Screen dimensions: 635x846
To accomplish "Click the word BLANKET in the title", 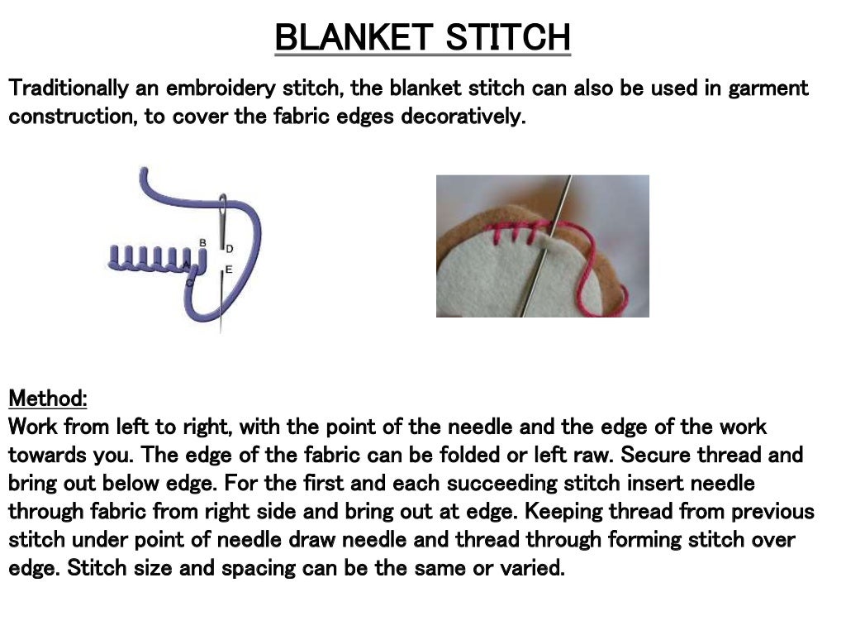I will point(352,37).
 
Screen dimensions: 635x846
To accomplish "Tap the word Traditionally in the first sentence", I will point(68,88).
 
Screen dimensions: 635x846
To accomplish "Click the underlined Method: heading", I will point(48,399).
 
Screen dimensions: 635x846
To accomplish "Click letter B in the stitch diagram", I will point(202,242).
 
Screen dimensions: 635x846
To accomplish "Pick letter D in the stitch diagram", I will point(230,248).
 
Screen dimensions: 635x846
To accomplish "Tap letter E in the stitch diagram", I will point(229,270).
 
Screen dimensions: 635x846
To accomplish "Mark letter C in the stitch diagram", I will point(189,284).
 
